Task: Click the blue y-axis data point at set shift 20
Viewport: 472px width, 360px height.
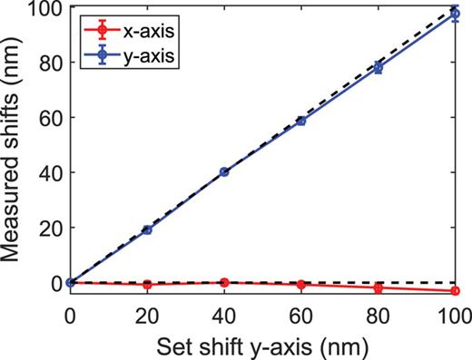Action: click(147, 230)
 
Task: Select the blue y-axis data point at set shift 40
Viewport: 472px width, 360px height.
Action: click(224, 171)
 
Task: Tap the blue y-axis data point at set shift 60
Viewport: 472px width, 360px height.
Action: click(301, 121)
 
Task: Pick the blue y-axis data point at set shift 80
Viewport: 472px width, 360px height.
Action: click(379, 68)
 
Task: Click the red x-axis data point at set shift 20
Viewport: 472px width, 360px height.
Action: click(147, 284)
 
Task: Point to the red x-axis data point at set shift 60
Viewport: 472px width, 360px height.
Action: click(301, 285)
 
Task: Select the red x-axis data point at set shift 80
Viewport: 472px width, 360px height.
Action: click(379, 288)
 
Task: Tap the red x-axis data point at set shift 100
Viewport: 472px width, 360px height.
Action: click(456, 291)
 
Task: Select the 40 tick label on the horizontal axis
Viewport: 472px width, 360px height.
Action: click(224, 315)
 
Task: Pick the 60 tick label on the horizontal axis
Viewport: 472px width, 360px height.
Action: click(301, 315)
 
